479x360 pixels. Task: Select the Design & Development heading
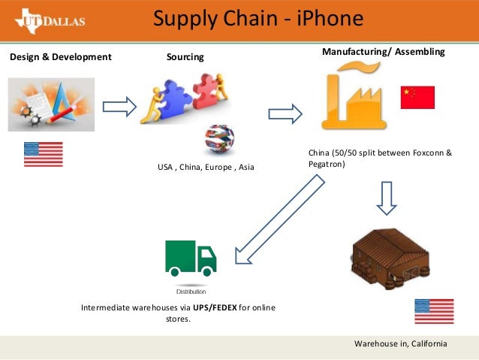[x=60, y=56]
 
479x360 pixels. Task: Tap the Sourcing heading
[x=184, y=57]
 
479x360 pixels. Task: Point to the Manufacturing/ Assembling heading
[x=383, y=53]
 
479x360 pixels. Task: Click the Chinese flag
[x=417, y=97]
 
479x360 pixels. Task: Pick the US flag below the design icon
[x=44, y=153]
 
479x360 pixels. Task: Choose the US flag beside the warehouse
[x=434, y=311]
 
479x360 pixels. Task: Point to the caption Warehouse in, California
[x=400, y=343]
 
